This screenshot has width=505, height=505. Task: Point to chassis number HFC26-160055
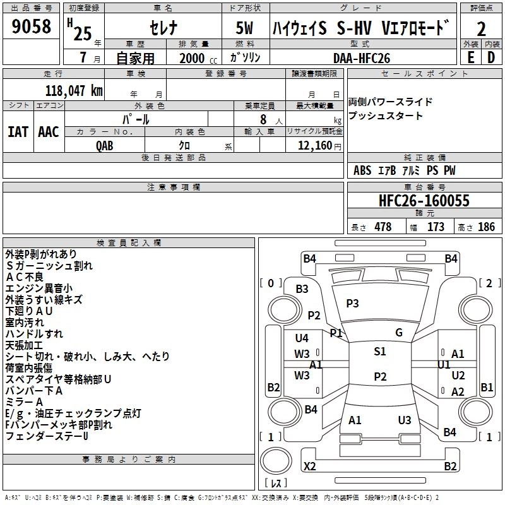point(424,201)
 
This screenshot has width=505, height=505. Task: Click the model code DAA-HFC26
point(362,58)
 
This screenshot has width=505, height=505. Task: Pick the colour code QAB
point(105,145)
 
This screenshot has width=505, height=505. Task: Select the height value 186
point(486,227)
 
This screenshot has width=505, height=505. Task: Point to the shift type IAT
point(18,132)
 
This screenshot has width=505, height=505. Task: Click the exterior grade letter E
point(470,57)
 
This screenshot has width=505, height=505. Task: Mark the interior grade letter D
point(491,57)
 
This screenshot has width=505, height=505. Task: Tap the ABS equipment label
point(362,170)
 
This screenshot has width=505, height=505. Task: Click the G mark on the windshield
point(398,333)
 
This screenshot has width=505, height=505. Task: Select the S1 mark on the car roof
point(379,352)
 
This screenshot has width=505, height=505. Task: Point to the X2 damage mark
point(309,466)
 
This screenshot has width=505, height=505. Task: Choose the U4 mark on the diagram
point(302,338)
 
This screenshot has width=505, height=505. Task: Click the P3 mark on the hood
point(352,303)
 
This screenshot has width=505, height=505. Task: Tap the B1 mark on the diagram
point(487,387)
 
